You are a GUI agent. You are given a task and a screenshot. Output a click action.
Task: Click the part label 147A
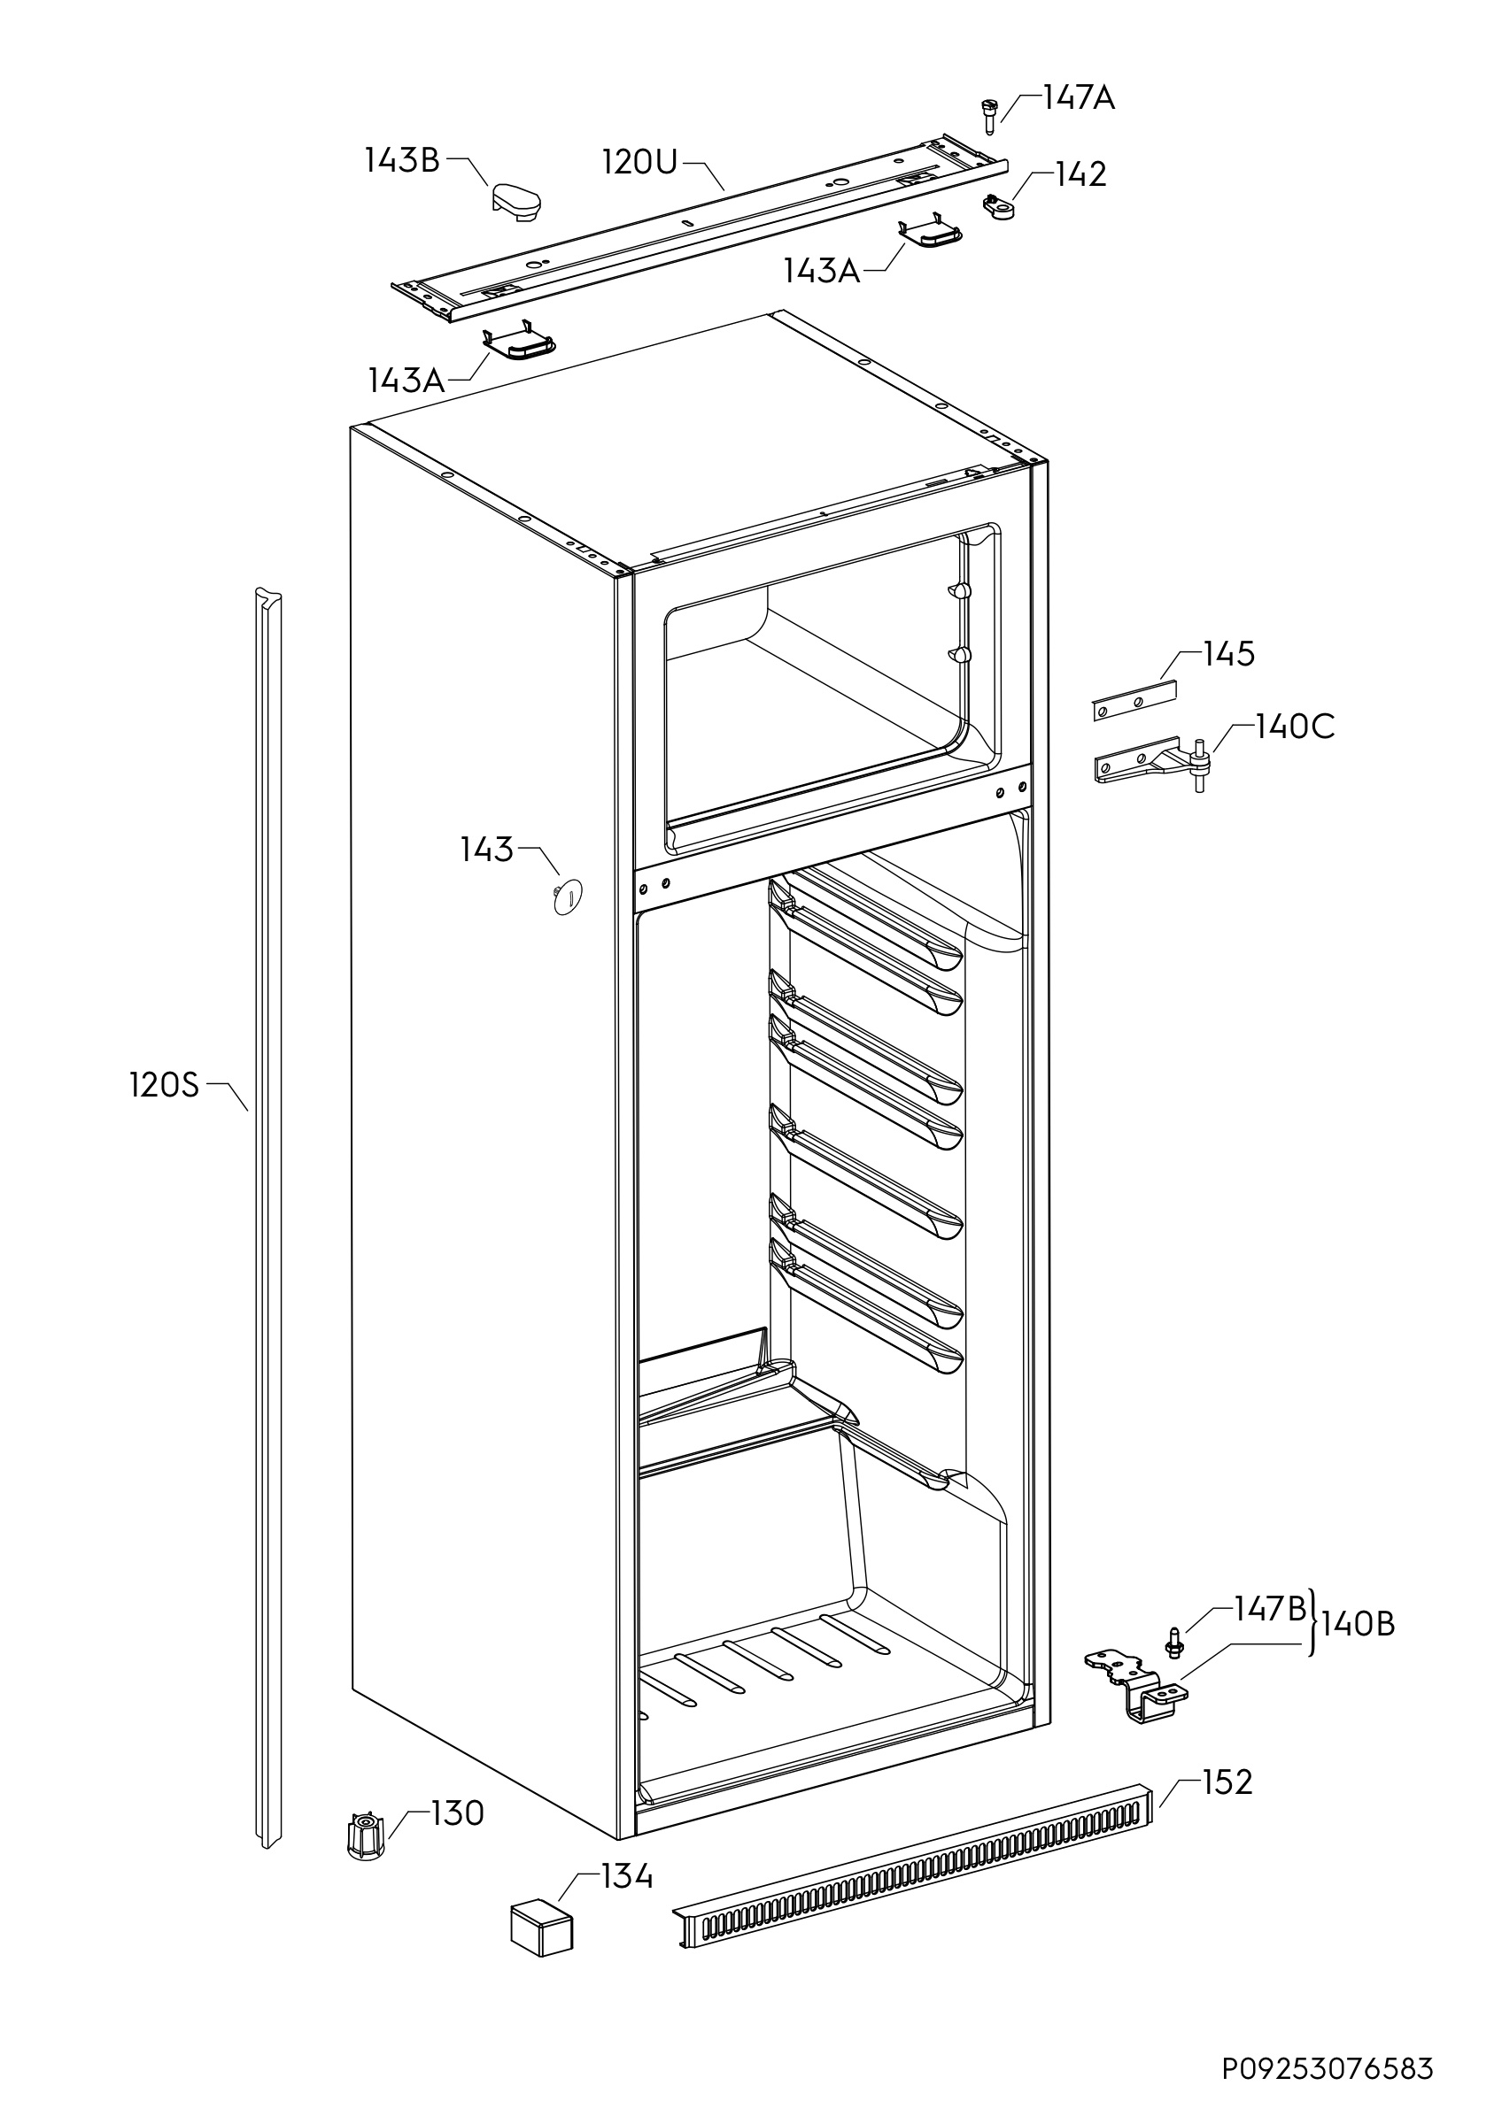click(x=1078, y=98)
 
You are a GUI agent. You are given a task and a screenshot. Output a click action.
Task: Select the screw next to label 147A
click(x=988, y=118)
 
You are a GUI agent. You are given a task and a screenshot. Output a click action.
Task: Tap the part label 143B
click(x=402, y=161)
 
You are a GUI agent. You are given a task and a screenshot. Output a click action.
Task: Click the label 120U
click(x=640, y=163)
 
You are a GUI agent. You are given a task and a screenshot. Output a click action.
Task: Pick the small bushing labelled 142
click(x=999, y=206)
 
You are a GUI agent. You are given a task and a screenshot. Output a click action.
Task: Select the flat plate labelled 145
click(x=1134, y=700)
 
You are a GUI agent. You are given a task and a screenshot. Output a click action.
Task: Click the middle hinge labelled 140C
click(x=1152, y=763)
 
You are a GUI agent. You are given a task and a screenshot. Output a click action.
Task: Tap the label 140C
click(x=1295, y=727)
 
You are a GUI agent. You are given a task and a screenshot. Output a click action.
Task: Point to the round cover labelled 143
click(x=568, y=896)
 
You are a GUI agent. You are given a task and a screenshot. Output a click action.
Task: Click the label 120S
click(x=164, y=1085)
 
